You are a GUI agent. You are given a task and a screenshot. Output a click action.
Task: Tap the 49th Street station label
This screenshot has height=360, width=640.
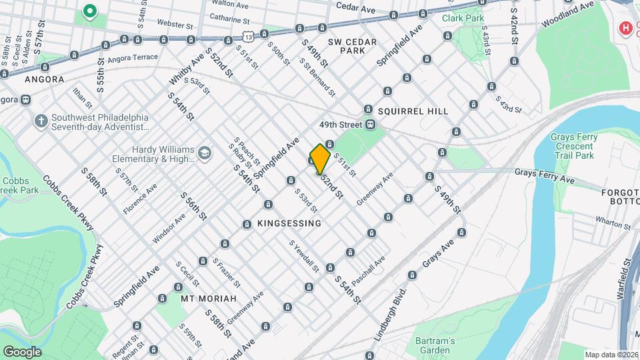(x=339, y=125)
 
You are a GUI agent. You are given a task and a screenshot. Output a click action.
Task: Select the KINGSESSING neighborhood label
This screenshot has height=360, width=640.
(x=289, y=223)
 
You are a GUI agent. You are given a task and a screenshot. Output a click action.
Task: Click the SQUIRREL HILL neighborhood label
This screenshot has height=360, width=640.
(x=413, y=111)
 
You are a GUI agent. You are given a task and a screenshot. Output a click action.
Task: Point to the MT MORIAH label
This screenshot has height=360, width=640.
(x=209, y=299)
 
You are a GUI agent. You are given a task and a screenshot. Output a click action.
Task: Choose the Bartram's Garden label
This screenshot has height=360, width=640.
(x=435, y=345)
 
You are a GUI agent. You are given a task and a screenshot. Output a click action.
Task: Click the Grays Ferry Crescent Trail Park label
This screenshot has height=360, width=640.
(x=572, y=146)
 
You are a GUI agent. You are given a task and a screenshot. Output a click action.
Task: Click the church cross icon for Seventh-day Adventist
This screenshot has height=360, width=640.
(x=41, y=121)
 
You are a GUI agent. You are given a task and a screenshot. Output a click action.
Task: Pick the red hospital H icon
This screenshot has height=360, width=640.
(x=625, y=28)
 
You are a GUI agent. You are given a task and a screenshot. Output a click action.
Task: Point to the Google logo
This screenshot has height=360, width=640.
(x=21, y=352)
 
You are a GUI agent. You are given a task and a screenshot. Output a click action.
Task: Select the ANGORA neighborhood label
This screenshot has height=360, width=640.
(x=44, y=79)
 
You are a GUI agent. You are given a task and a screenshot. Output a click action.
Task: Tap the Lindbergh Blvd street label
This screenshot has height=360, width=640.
(x=391, y=311)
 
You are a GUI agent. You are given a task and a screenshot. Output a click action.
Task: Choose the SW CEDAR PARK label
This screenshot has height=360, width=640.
(x=353, y=46)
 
